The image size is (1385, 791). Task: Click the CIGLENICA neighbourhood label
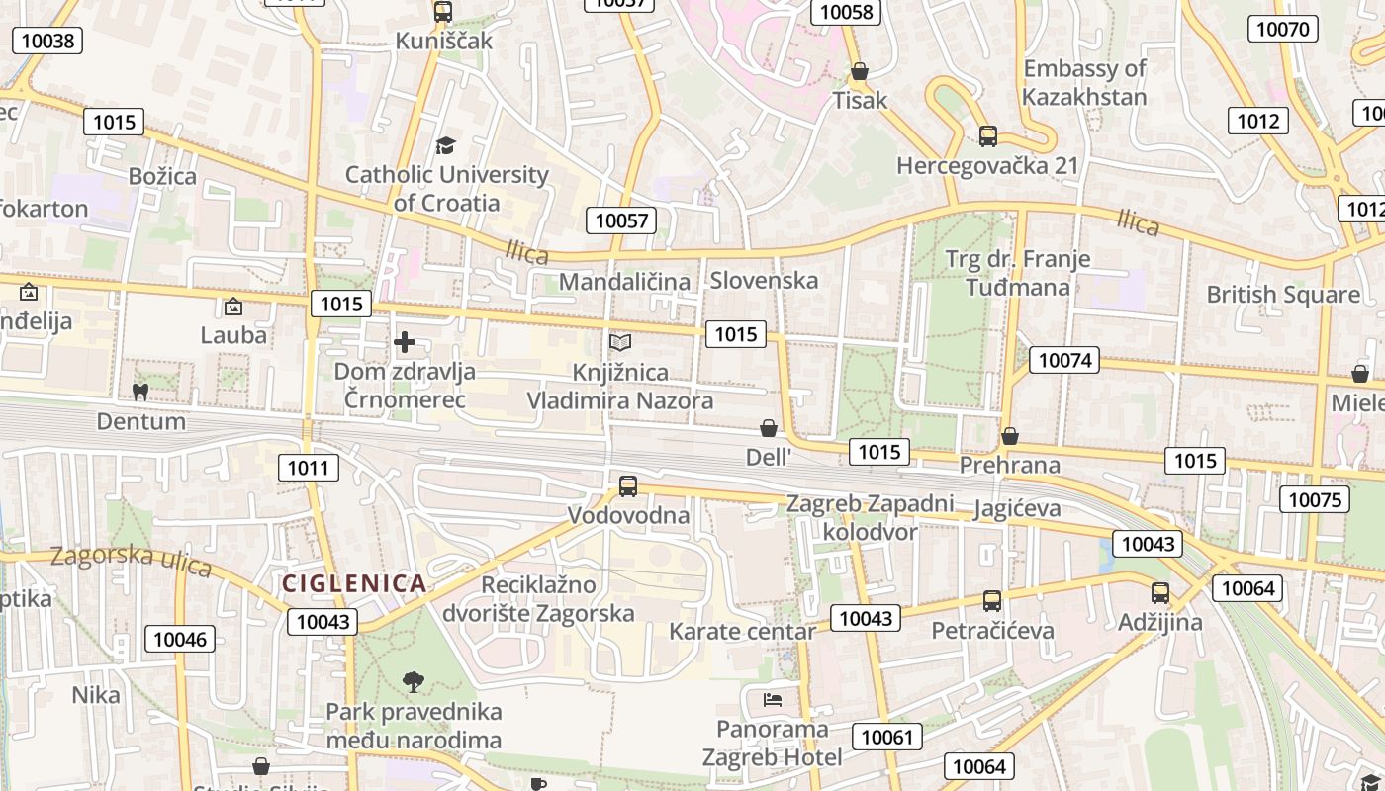coord(354,583)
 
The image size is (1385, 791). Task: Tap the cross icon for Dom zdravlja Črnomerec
coord(405,343)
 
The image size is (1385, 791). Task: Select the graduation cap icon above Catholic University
coord(445,145)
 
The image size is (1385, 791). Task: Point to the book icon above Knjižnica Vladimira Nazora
coord(620,343)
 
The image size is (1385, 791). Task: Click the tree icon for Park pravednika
coord(414,681)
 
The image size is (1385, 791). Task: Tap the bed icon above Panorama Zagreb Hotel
coord(773,700)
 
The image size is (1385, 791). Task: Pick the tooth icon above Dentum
coord(140,392)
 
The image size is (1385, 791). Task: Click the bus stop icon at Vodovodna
coord(628,485)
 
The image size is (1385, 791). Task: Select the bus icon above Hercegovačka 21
coord(987,136)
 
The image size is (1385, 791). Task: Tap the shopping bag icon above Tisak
coord(860,71)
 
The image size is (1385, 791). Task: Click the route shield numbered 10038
coord(46,41)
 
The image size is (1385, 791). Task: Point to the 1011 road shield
coord(308,468)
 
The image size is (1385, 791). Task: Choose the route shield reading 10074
coord(1064,360)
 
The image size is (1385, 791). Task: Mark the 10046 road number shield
coord(180,639)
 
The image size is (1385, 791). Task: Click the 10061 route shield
coord(887,737)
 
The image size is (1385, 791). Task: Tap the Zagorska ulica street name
coord(131,560)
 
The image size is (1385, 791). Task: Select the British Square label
coord(1283,295)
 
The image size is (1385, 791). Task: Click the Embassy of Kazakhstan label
coord(1084,83)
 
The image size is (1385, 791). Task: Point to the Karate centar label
coord(743,631)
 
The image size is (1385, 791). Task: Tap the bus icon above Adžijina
coord(1160,593)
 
